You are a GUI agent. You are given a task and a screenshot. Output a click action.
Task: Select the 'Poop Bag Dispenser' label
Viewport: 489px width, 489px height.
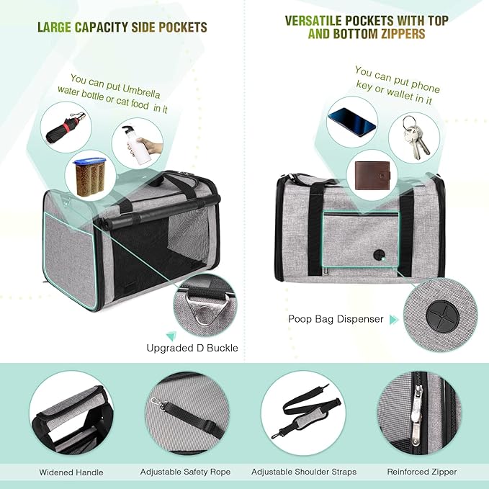336,319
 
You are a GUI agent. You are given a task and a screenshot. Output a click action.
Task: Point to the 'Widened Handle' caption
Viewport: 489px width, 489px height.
70,472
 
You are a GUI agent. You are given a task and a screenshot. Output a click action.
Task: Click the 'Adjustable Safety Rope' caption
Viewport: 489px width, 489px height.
185,472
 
